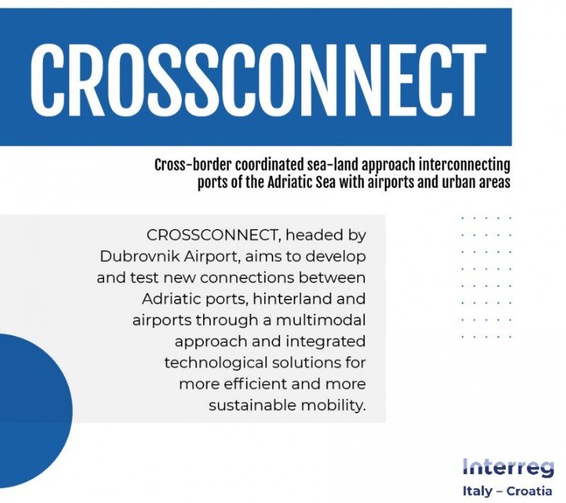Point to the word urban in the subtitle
tap(458, 183)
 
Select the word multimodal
tap(321, 320)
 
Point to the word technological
tap(216, 362)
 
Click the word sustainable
tap(253, 405)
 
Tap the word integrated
tap(325, 342)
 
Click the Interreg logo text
tap(508, 468)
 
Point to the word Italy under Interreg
tap(477, 492)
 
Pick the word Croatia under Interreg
tap(529, 491)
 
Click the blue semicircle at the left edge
tap(33, 410)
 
